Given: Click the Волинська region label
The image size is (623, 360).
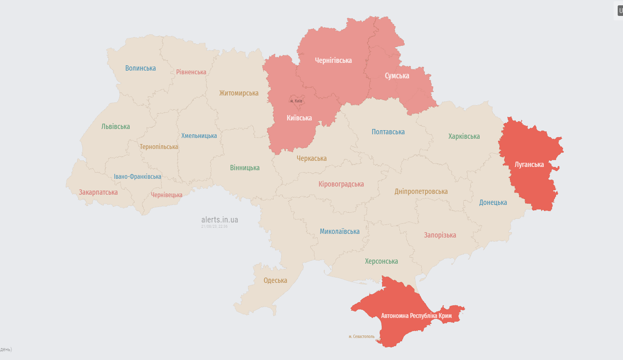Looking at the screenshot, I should coord(140,68).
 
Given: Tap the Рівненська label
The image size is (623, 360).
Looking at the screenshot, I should coord(191,72).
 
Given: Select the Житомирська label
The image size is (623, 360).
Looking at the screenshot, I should coord(239,93).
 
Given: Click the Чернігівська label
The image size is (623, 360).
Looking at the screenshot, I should coord(333,60).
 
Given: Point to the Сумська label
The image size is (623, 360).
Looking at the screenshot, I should coord(397,76).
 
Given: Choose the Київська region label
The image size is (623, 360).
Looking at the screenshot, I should coord(299,118).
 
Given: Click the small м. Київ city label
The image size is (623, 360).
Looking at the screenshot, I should coord(296,101).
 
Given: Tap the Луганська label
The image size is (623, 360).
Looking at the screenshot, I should coord(529,164).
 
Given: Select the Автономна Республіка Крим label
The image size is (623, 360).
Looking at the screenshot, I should coord(416,316).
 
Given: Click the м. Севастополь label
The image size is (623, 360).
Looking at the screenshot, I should coord(361,337).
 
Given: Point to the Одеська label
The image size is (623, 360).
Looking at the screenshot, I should coord(275,280).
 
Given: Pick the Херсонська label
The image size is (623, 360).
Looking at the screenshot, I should coord(381,261).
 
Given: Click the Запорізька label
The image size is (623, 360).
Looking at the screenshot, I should coord(440,235).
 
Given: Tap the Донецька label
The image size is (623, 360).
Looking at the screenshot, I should coord(493,202).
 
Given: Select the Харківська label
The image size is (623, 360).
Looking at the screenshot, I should coord(464,136).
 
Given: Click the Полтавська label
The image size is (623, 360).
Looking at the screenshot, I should coord(388,132).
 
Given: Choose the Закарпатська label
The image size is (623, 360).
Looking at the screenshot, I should coord(98,192).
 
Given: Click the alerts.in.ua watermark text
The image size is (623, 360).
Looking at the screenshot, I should coord(220,220).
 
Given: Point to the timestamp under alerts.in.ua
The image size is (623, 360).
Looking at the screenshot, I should coord(214,227).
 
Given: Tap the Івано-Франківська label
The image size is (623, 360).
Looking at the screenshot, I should coord(137,177).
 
